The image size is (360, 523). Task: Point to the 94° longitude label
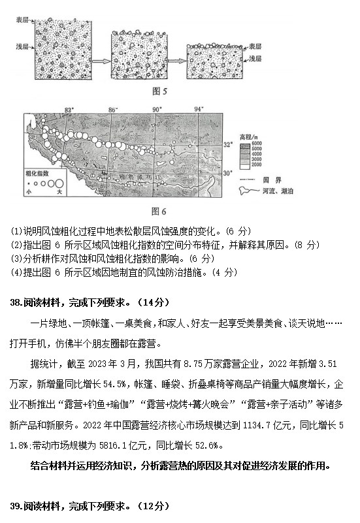click(x=199, y=109)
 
